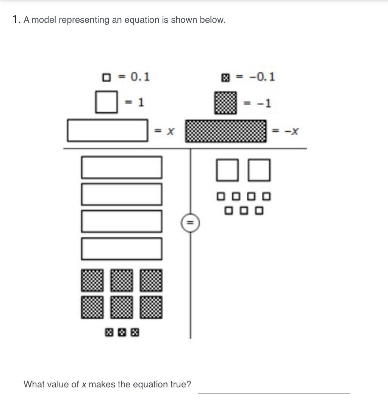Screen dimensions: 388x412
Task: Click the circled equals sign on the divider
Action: [x=190, y=223]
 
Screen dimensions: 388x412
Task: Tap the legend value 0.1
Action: [x=140, y=77]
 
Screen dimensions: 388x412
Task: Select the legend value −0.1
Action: [x=262, y=77]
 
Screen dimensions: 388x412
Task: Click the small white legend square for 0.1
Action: [x=106, y=78]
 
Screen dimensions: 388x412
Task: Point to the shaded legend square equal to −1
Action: [x=225, y=103]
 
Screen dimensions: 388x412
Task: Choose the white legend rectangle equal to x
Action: [x=108, y=131]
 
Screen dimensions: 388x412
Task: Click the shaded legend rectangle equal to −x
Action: [x=226, y=131]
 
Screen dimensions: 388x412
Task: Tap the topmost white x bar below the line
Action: [x=122, y=168]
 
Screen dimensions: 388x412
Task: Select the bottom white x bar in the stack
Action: [x=122, y=249]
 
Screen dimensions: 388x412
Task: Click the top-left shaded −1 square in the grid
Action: [x=92, y=280]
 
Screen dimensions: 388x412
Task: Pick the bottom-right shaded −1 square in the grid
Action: [x=151, y=307]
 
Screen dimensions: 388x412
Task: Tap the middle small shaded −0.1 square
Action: [x=122, y=332]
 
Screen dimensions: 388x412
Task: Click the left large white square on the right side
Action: [x=227, y=170]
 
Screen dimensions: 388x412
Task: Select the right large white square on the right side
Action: [x=259, y=170]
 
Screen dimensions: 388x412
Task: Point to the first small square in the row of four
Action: [x=221, y=196]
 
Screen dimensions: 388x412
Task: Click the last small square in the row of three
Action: [x=259, y=210]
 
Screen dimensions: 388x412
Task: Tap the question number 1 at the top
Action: [x=16, y=19]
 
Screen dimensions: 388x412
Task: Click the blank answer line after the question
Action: [x=274, y=393]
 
